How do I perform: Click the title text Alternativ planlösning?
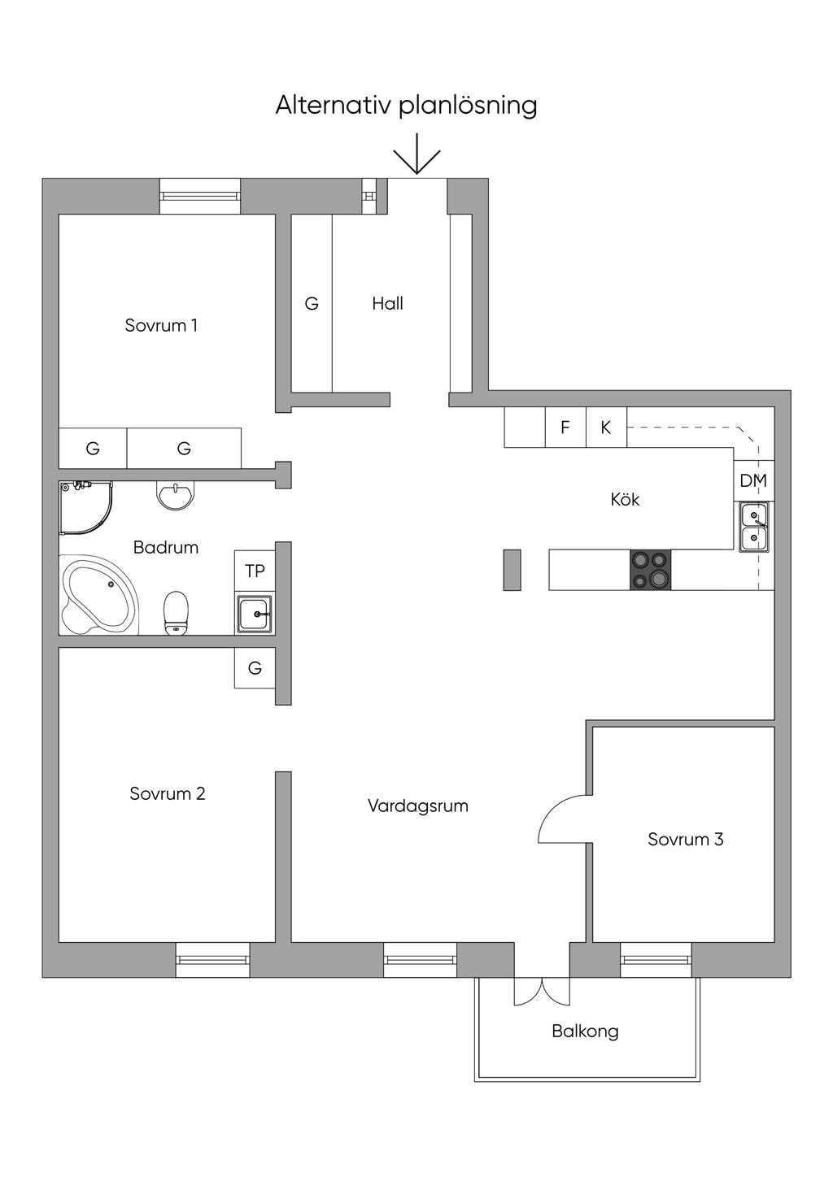[406, 106]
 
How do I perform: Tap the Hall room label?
[387, 304]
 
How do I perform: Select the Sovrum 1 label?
[161, 326]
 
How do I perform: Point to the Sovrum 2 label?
[167, 794]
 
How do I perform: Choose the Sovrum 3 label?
[685, 840]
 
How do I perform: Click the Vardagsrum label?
[417, 807]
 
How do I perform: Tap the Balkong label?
[585, 1032]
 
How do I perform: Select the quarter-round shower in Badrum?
[84, 507]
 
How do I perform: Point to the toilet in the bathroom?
[176, 613]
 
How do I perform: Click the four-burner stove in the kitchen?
[650, 569]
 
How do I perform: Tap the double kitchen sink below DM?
[753, 527]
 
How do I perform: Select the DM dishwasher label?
[753, 481]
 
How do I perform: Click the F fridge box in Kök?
[565, 428]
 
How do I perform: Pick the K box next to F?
[606, 428]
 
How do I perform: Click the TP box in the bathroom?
[255, 571]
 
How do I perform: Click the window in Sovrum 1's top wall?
[199, 196]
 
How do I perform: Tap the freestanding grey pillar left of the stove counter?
[512, 570]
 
